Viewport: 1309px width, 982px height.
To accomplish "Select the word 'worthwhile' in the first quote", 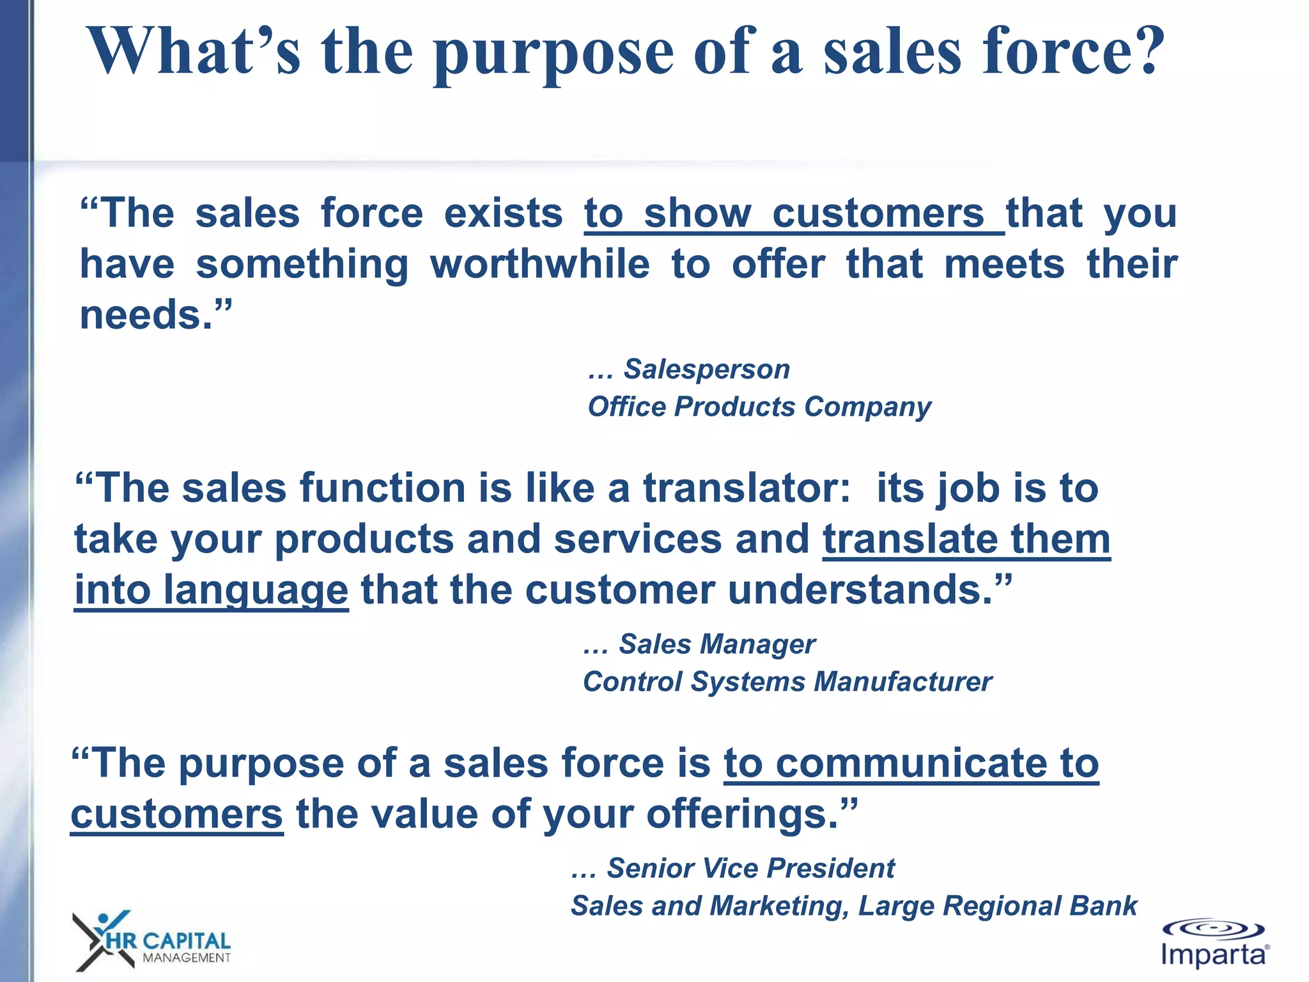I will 540,264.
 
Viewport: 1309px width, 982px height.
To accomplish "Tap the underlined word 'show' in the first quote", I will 697,214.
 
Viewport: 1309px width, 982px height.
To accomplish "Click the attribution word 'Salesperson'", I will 707,369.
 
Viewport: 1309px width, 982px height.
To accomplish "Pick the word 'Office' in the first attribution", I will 627,407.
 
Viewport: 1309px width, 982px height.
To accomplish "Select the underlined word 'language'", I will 256,591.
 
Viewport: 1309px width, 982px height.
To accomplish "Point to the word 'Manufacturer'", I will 903,682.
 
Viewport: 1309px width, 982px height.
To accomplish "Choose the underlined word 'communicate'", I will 911,763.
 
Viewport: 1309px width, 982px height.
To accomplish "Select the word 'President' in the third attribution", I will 831,868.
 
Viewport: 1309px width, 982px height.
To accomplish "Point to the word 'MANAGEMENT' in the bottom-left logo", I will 187,958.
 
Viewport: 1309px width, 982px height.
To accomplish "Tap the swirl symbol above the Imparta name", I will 1212,928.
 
